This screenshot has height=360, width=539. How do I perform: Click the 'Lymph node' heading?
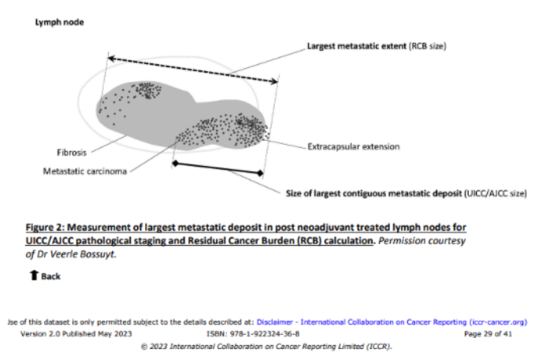pos(59,22)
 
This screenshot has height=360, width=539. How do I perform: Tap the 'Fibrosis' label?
pos(72,153)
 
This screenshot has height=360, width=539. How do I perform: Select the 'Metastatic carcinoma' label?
pos(85,171)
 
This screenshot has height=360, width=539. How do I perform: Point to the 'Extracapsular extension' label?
pos(354,147)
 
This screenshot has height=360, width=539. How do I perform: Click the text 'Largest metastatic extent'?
pos(356,46)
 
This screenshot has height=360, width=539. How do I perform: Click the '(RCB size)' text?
pos(427,46)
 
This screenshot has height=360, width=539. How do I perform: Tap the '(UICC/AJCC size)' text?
pos(496,194)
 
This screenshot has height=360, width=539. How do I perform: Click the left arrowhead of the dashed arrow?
pos(110,59)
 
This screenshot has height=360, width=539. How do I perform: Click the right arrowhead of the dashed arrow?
pos(275,81)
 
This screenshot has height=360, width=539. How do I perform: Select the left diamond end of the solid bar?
pos(176,163)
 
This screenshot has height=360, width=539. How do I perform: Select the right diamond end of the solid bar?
pos(260,173)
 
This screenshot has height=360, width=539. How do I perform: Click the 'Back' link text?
pos(51,276)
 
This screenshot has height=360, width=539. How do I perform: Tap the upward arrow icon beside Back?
pos(34,275)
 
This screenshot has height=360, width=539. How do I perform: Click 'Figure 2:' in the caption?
pos(45,228)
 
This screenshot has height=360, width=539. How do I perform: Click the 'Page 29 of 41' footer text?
pos(488,333)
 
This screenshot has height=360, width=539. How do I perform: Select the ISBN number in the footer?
pos(264,333)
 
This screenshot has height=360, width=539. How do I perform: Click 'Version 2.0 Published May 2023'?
pos(76,333)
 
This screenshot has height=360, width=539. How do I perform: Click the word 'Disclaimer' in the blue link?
pos(275,322)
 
